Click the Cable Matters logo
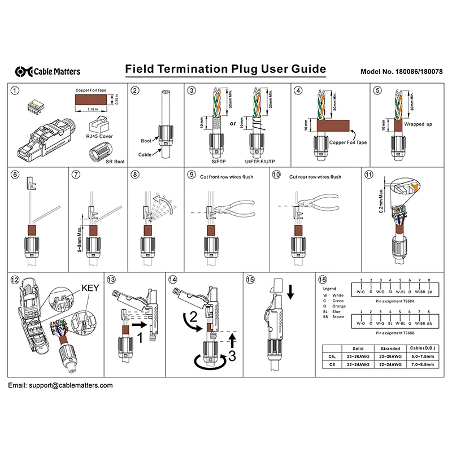[49, 71]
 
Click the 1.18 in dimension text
[94, 109]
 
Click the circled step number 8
[134, 175]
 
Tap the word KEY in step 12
[91, 287]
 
